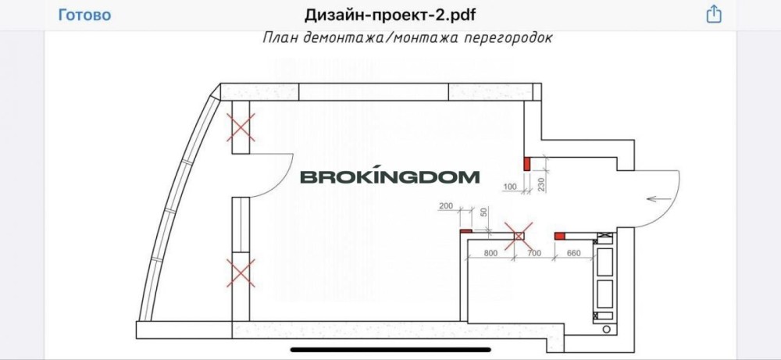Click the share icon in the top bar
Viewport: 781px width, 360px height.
(x=713, y=15)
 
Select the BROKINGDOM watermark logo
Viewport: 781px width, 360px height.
(x=390, y=177)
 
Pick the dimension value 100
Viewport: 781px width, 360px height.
(x=512, y=187)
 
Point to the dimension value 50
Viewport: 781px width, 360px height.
(x=483, y=212)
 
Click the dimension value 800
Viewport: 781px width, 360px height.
(x=490, y=252)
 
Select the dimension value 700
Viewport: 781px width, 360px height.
(x=534, y=252)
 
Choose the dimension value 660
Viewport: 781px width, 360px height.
(x=573, y=252)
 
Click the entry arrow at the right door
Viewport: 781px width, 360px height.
(x=657, y=199)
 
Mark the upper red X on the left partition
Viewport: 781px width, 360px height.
(x=241, y=127)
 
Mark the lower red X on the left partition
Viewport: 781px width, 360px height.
(x=241, y=273)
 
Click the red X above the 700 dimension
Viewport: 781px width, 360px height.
(x=519, y=233)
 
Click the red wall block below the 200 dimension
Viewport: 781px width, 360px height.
(x=465, y=232)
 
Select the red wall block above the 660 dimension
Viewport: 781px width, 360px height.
(x=559, y=234)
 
